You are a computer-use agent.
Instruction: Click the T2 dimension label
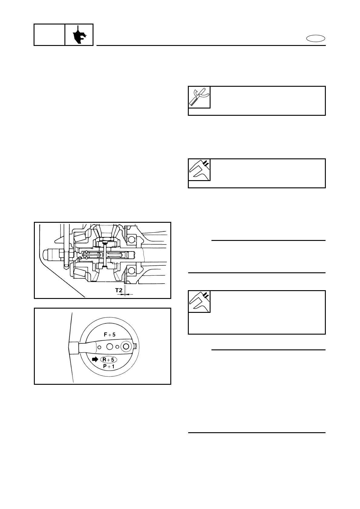(x=119, y=291)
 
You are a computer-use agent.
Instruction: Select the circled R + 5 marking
(x=108, y=360)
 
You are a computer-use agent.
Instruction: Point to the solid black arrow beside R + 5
(x=95, y=359)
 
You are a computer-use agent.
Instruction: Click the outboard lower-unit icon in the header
(x=79, y=35)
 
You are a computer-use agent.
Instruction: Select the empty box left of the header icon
(x=49, y=35)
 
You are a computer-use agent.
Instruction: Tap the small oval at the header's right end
(x=316, y=38)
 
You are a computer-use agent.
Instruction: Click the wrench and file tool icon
(x=199, y=97)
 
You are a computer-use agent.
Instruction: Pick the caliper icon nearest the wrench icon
(x=199, y=170)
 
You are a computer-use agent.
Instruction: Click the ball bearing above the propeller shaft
(x=131, y=240)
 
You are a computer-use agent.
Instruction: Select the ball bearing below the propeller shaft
(x=131, y=270)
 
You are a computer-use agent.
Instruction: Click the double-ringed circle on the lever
(x=126, y=347)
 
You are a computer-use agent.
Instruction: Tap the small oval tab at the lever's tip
(x=135, y=346)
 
